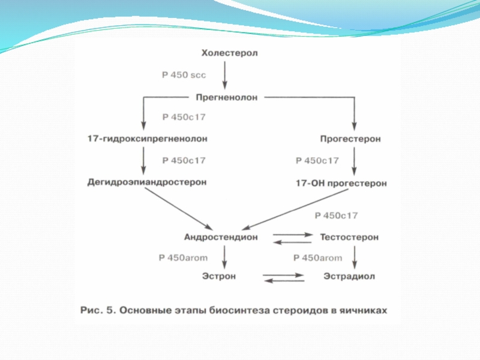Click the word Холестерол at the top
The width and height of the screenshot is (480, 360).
(229, 54)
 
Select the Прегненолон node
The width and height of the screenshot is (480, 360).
(227, 96)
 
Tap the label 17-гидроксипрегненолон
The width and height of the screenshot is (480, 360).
(148, 139)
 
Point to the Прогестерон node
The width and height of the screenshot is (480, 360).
(350, 139)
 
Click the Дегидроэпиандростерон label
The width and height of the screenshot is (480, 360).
(147, 181)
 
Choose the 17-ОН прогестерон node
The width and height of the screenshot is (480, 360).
(341, 182)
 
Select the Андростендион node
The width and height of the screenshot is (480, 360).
(220, 237)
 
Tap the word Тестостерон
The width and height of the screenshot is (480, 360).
(350, 237)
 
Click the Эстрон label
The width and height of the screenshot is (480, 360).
(218, 277)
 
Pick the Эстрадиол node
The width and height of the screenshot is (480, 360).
(349, 277)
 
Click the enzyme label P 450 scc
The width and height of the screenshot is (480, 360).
(184, 75)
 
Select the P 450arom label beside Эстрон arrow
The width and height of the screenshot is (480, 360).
(182, 257)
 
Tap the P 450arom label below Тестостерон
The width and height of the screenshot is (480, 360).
(317, 258)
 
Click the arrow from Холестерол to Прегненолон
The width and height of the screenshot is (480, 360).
(224, 75)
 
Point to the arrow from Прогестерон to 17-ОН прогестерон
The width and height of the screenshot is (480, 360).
(355, 160)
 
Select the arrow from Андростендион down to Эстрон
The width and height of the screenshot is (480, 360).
(224, 257)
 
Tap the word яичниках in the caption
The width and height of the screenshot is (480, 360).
(364, 311)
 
